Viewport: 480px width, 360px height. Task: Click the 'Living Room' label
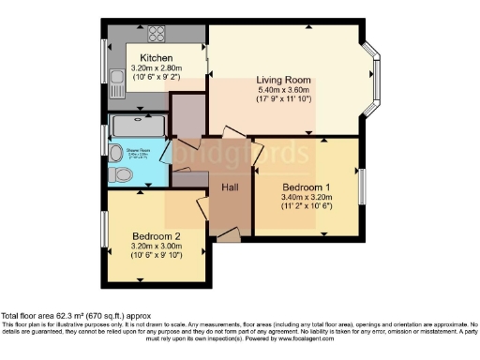pos(284,79)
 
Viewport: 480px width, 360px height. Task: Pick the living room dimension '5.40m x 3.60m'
pos(284,89)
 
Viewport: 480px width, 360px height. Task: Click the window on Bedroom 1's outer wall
pos(359,184)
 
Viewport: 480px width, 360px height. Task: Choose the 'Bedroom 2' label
pos(156,235)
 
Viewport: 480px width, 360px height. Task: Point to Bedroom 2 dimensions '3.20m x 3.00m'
pos(156,246)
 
